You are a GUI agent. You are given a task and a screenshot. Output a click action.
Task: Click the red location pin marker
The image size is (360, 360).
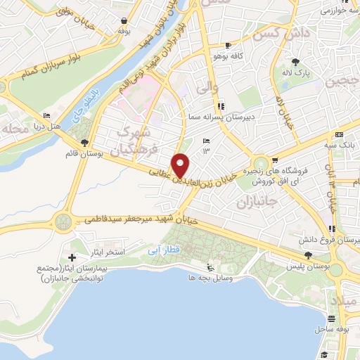pyautogui.click(x=181, y=165)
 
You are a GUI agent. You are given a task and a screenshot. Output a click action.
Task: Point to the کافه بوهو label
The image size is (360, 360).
pyautogui.click(x=229, y=55)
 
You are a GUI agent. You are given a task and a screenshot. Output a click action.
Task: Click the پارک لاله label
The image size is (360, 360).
pyautogui.click(x=301, y=72)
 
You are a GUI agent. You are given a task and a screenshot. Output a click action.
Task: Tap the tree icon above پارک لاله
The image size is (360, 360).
pyautogui.click(x=301, y=62)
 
